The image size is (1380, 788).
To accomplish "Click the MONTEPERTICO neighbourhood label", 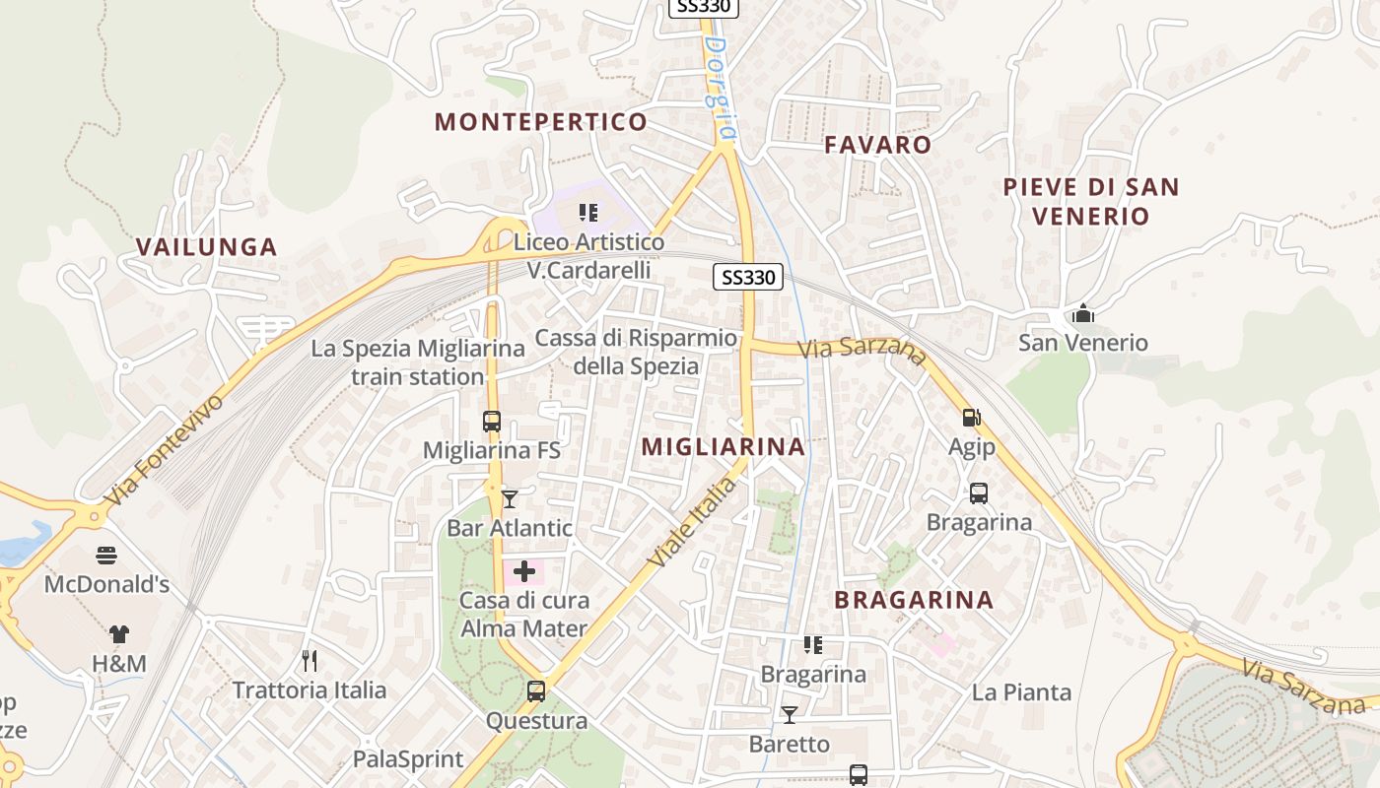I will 541,122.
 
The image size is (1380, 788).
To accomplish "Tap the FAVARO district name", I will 877,145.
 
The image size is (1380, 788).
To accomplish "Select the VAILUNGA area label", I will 207,247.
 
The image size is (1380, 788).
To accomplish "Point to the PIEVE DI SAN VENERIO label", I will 1090,201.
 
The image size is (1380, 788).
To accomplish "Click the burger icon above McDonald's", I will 106,556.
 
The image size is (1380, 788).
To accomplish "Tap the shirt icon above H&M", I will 118,634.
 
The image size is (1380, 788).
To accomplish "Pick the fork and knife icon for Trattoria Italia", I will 310,660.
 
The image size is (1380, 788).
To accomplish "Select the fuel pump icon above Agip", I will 971,418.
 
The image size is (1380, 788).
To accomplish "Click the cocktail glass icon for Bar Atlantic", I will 509,499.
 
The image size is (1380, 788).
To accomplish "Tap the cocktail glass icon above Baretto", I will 789,714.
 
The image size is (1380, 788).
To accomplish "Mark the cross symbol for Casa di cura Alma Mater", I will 524,571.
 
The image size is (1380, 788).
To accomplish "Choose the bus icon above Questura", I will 536,691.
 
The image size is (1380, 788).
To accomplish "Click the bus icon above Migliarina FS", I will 491,422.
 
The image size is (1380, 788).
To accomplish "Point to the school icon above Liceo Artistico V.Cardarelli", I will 588,212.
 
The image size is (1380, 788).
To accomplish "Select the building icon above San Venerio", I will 1083,314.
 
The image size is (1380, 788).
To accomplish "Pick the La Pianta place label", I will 1021,692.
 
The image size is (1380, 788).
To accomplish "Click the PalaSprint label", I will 408,759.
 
